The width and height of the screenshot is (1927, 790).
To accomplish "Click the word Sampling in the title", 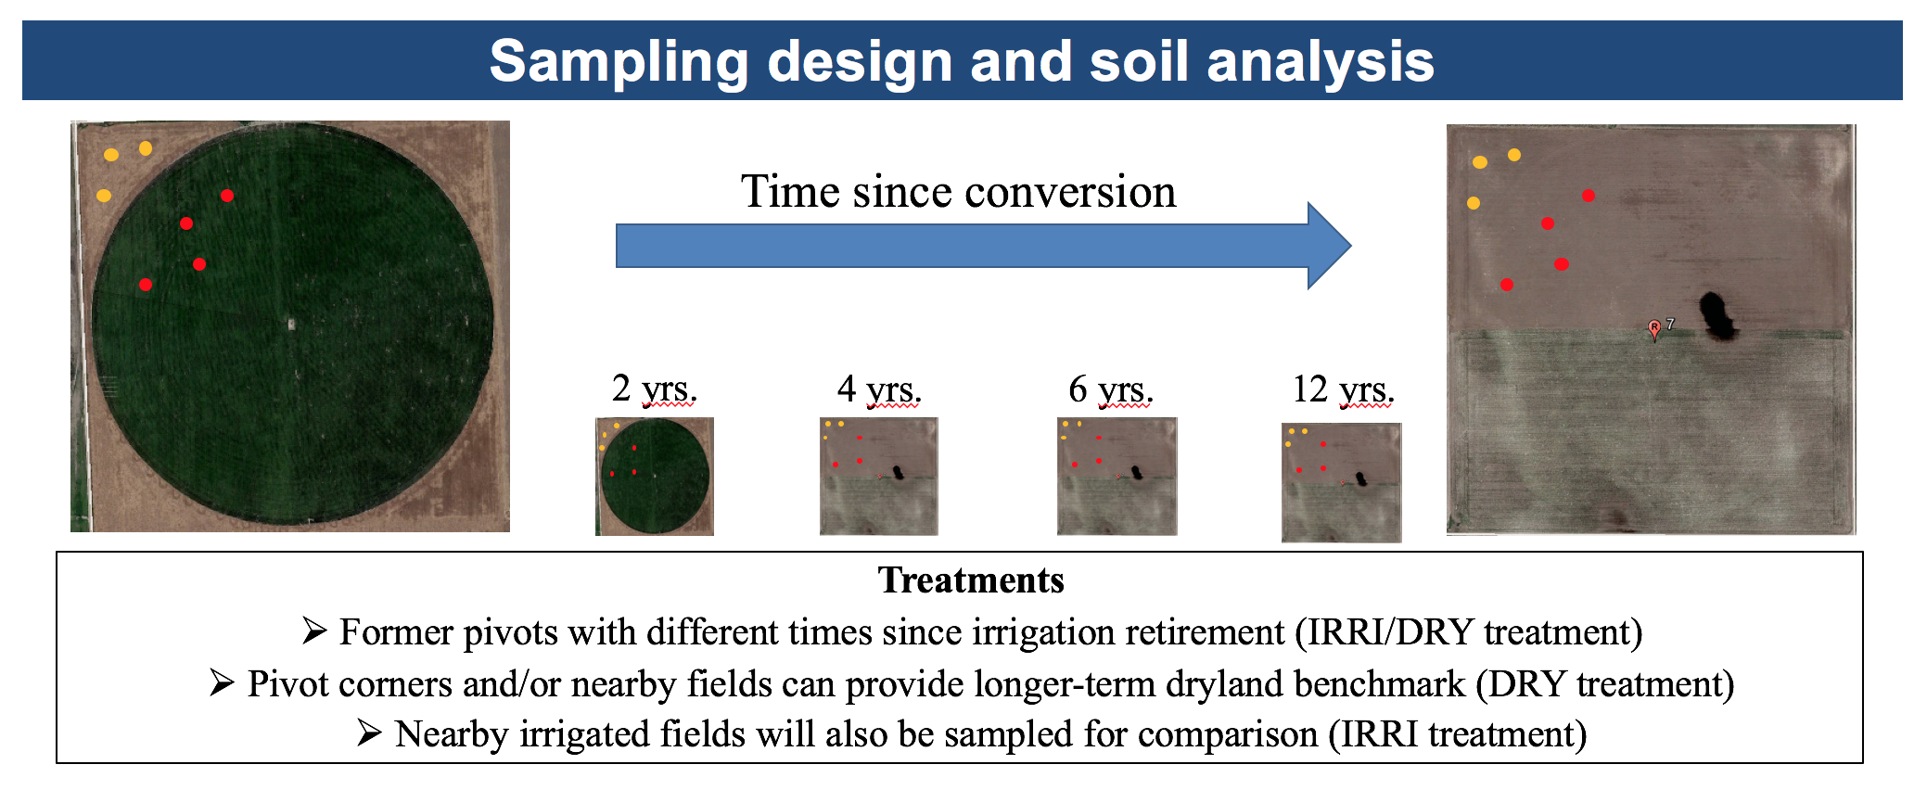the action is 619,62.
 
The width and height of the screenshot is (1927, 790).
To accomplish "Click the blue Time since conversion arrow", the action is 983,246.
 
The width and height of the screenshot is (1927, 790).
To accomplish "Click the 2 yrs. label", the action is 654,389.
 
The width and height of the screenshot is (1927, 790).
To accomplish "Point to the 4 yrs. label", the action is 879,389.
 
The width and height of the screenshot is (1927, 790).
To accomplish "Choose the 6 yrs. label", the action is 1111,389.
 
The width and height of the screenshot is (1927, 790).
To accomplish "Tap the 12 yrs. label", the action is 1344,389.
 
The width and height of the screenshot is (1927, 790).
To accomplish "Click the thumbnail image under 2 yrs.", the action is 655,477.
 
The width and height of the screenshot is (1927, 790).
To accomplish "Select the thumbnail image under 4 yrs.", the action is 879,477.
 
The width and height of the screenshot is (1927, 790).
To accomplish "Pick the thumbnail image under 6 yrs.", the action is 1117,477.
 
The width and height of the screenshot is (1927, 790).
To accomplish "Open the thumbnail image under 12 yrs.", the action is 1342,482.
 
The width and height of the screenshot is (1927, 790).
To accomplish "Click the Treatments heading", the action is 971,580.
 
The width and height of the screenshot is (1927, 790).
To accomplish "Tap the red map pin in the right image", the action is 1654,330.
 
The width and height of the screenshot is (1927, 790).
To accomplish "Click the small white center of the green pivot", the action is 291,324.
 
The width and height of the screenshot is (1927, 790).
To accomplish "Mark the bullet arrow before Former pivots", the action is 314,631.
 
